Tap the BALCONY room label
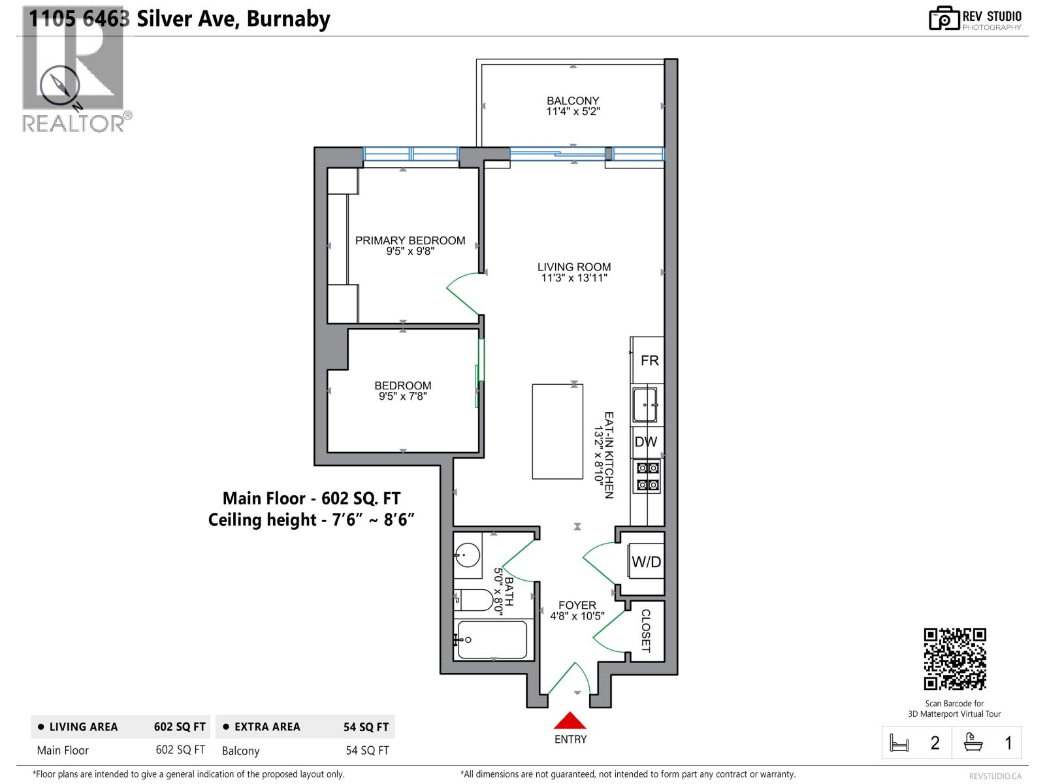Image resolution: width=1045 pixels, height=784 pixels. point(573,101)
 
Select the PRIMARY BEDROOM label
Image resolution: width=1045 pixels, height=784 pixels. point(410,240)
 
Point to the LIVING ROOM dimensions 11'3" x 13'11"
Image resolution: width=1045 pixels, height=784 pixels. point(574,278)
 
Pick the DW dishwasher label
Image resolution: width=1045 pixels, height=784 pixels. point(646,442)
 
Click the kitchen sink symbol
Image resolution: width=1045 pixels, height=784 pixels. point(645,405)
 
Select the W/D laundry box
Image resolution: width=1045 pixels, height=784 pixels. point(646,562)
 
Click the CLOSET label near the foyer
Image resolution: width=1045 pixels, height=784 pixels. point(645,630)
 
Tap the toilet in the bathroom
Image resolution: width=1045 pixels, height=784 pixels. point(475,600)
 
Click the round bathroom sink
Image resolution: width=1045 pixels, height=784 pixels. point(467,556)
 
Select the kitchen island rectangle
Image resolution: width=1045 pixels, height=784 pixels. point(557,431)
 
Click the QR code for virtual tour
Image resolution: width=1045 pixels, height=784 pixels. point(954,659)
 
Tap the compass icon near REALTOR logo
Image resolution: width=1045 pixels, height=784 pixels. point(59,86)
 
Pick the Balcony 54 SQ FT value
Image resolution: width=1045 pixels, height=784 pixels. point(367,751)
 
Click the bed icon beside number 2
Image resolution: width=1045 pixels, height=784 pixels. point(899,743)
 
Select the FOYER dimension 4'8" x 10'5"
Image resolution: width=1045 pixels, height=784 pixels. point(577,616)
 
